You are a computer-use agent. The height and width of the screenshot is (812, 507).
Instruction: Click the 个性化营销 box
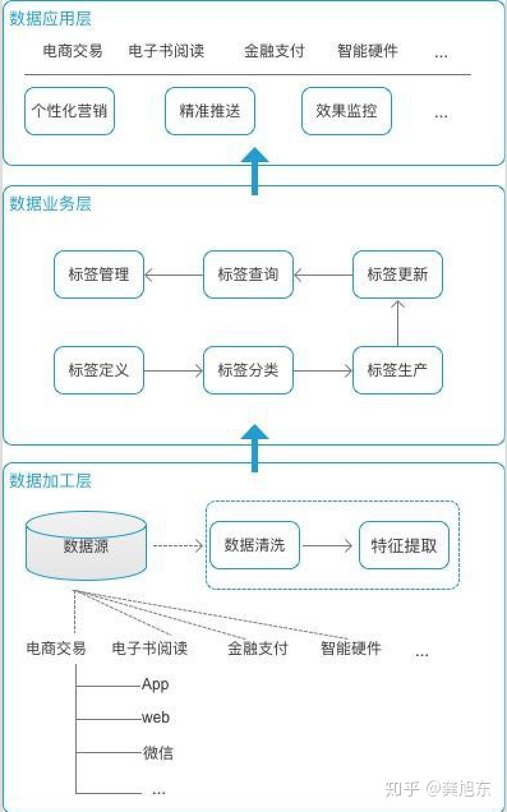coord(70,111)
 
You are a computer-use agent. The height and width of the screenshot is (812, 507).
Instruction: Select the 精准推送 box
coord(210,111)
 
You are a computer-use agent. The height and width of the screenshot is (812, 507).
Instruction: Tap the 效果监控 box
coord(346,111)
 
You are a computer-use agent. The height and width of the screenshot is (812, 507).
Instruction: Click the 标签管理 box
coord(99,274)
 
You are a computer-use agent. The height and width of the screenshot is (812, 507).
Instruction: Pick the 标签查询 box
coord(248,274)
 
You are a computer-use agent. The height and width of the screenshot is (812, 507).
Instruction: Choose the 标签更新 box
coord(397,274)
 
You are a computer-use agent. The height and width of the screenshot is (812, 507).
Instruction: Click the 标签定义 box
coord(99,370)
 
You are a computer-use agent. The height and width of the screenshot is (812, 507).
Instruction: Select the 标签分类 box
coord(248,370)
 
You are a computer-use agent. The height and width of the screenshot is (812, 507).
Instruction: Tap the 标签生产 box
coord(397,370)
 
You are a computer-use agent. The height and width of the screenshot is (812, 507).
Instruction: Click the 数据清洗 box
coord(255,545)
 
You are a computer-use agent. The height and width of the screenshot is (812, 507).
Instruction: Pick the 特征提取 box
coord(404,545)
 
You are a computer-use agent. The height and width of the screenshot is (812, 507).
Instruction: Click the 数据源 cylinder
coord(86,546)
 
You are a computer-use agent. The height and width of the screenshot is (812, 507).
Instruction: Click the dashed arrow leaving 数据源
coord(178,546)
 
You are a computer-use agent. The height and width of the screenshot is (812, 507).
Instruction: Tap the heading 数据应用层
coord(50,18)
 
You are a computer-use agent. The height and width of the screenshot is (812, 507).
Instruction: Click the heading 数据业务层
coord(50,204)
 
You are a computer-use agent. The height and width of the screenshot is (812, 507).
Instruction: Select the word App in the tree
coord(155,685)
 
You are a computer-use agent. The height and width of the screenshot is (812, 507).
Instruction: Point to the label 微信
coord(158,753)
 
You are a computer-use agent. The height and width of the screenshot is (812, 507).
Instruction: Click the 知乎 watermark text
coord(403,788)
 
